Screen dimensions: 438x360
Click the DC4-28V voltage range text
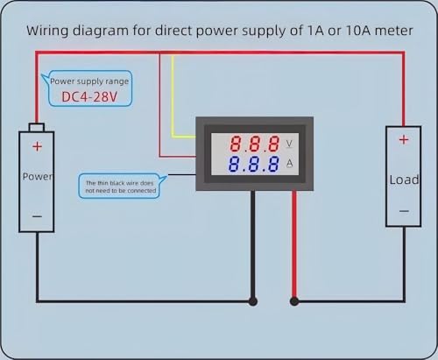(x=89, y=96)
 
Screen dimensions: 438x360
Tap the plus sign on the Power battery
(x=37, y=146)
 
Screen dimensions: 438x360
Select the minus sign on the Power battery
(x=37, y=216)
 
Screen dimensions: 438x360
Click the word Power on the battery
(x=38, y=176)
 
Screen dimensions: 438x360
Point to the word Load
(x=404, y=180)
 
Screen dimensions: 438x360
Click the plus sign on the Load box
(x=404, y=140)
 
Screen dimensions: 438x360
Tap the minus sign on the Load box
(x=404, y=211)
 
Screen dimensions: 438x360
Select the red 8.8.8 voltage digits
(x=255, y=144)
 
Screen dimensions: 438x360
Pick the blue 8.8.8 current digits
(x=254, y=164)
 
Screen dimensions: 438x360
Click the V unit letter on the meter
(x=289, y=144)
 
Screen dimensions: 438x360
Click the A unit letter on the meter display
(x=289, y=163)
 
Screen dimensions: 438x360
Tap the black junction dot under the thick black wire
(x=253, y=301)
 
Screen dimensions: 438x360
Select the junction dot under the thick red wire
(x=294, y=301)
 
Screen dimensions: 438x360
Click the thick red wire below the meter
(x=294, y=245)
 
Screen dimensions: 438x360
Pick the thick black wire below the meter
(x=253, y=245)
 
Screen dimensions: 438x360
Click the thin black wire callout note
(x=121, y=187)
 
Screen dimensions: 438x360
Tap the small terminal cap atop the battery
(x=37, y=127)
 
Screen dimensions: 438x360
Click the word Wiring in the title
(x=48, y=31)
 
